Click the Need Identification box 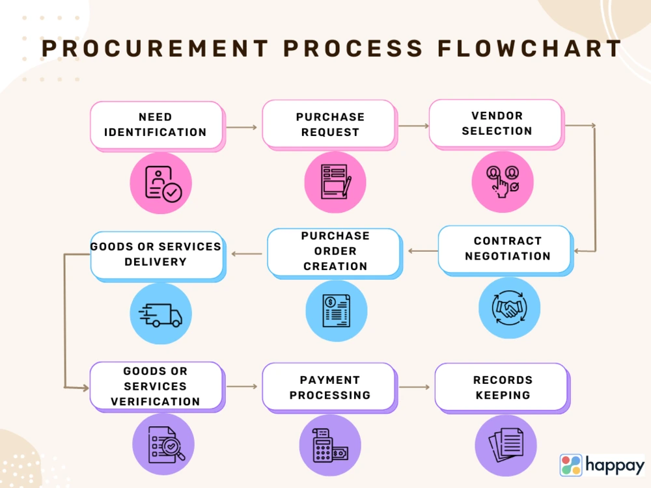click(156, 124)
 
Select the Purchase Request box click(329, 124)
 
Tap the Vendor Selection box click(495, 123)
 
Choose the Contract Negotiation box click(506, 249)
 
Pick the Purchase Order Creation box click(334, 251)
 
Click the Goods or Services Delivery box click(156, 254)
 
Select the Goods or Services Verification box click(156, 386)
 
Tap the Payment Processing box click(329, 387)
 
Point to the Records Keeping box click(501, 387)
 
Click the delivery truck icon click(160, 314)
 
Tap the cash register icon click(329, 446)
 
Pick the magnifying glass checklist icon click(163, 445)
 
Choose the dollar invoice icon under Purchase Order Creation click(336, 310)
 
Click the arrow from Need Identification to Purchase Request click(242, 128)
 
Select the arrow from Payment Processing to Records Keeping click(415, 387)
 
